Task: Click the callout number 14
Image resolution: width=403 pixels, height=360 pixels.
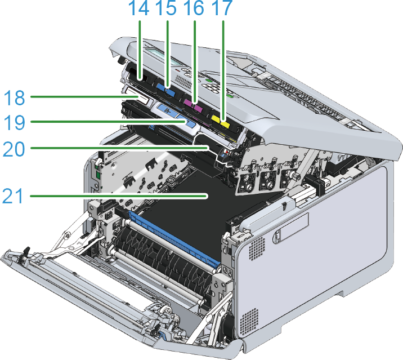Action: [x=138, y=8]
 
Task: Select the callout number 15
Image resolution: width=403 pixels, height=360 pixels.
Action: [x=166, y=8]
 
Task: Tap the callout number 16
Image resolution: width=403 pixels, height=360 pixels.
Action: [x=194, y=8]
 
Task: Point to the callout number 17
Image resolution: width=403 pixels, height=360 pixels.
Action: [x=222, y=8]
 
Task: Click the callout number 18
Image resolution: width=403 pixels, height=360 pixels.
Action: [x=15, y=98]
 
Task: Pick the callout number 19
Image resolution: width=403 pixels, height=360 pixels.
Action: [x=15, y=122]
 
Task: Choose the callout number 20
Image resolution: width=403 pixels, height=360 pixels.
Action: [x=14, y=149]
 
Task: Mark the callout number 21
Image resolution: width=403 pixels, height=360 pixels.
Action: [x=13, y=196]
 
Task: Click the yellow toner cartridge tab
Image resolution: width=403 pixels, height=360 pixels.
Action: [x=220, y=121]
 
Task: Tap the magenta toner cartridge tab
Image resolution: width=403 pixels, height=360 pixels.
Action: [x=194, y=105]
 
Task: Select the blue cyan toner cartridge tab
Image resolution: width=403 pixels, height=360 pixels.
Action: [x=165, y=89]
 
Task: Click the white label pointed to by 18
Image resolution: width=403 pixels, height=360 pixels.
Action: [x=136, y=96]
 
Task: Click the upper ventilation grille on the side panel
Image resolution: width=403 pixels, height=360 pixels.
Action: [x=257, y=248]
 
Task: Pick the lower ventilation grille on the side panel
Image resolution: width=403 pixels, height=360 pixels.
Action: [x=249, y=322]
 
